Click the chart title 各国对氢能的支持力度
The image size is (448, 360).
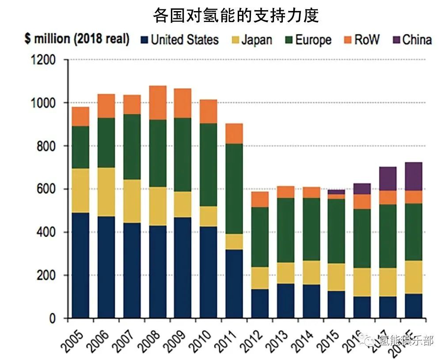pos(236,16)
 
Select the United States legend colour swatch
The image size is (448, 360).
pos(143,39)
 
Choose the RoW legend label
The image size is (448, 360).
pos(366,40)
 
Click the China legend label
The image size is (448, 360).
pos(417,40)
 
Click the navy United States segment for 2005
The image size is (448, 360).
pos(80,265)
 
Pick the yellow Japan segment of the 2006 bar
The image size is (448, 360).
pos(106,192)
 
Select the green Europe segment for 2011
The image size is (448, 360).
pos(234,188)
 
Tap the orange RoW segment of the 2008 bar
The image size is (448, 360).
pos(158,103)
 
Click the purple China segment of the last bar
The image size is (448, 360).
pos(414,176)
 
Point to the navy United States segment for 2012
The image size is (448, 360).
pos(260,303)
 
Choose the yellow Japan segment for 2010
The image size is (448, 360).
pos(209,216)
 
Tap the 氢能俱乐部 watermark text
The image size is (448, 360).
pos(406,341)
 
